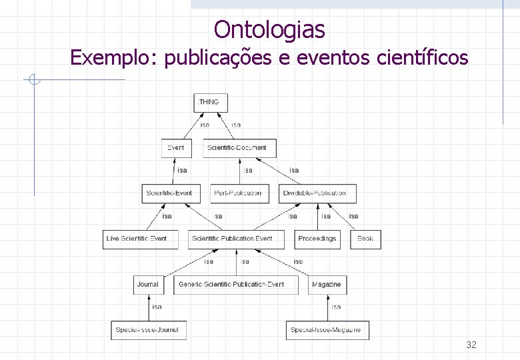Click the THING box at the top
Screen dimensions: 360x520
(210, 102)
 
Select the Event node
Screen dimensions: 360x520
(176, 147)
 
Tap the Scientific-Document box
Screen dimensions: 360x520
(237, 147)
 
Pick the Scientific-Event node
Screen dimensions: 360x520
(169, 193)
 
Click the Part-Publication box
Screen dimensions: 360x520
(239, 193)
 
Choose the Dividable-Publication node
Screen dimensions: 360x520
(314, 193)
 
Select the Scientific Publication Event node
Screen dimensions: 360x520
(232, 239)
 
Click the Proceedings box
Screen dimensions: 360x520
(317, 239)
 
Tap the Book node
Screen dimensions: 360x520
(365, 239)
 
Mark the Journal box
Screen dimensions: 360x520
(148, 284)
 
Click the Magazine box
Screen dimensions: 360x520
(327, 284)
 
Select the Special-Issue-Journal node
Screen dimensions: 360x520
(147, 329)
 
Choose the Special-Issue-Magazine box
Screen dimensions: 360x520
(327, 329)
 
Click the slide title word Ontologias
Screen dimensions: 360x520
(269, 30)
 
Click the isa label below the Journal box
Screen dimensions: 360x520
(157, 307)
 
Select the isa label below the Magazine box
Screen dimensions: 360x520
(336, 307)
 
